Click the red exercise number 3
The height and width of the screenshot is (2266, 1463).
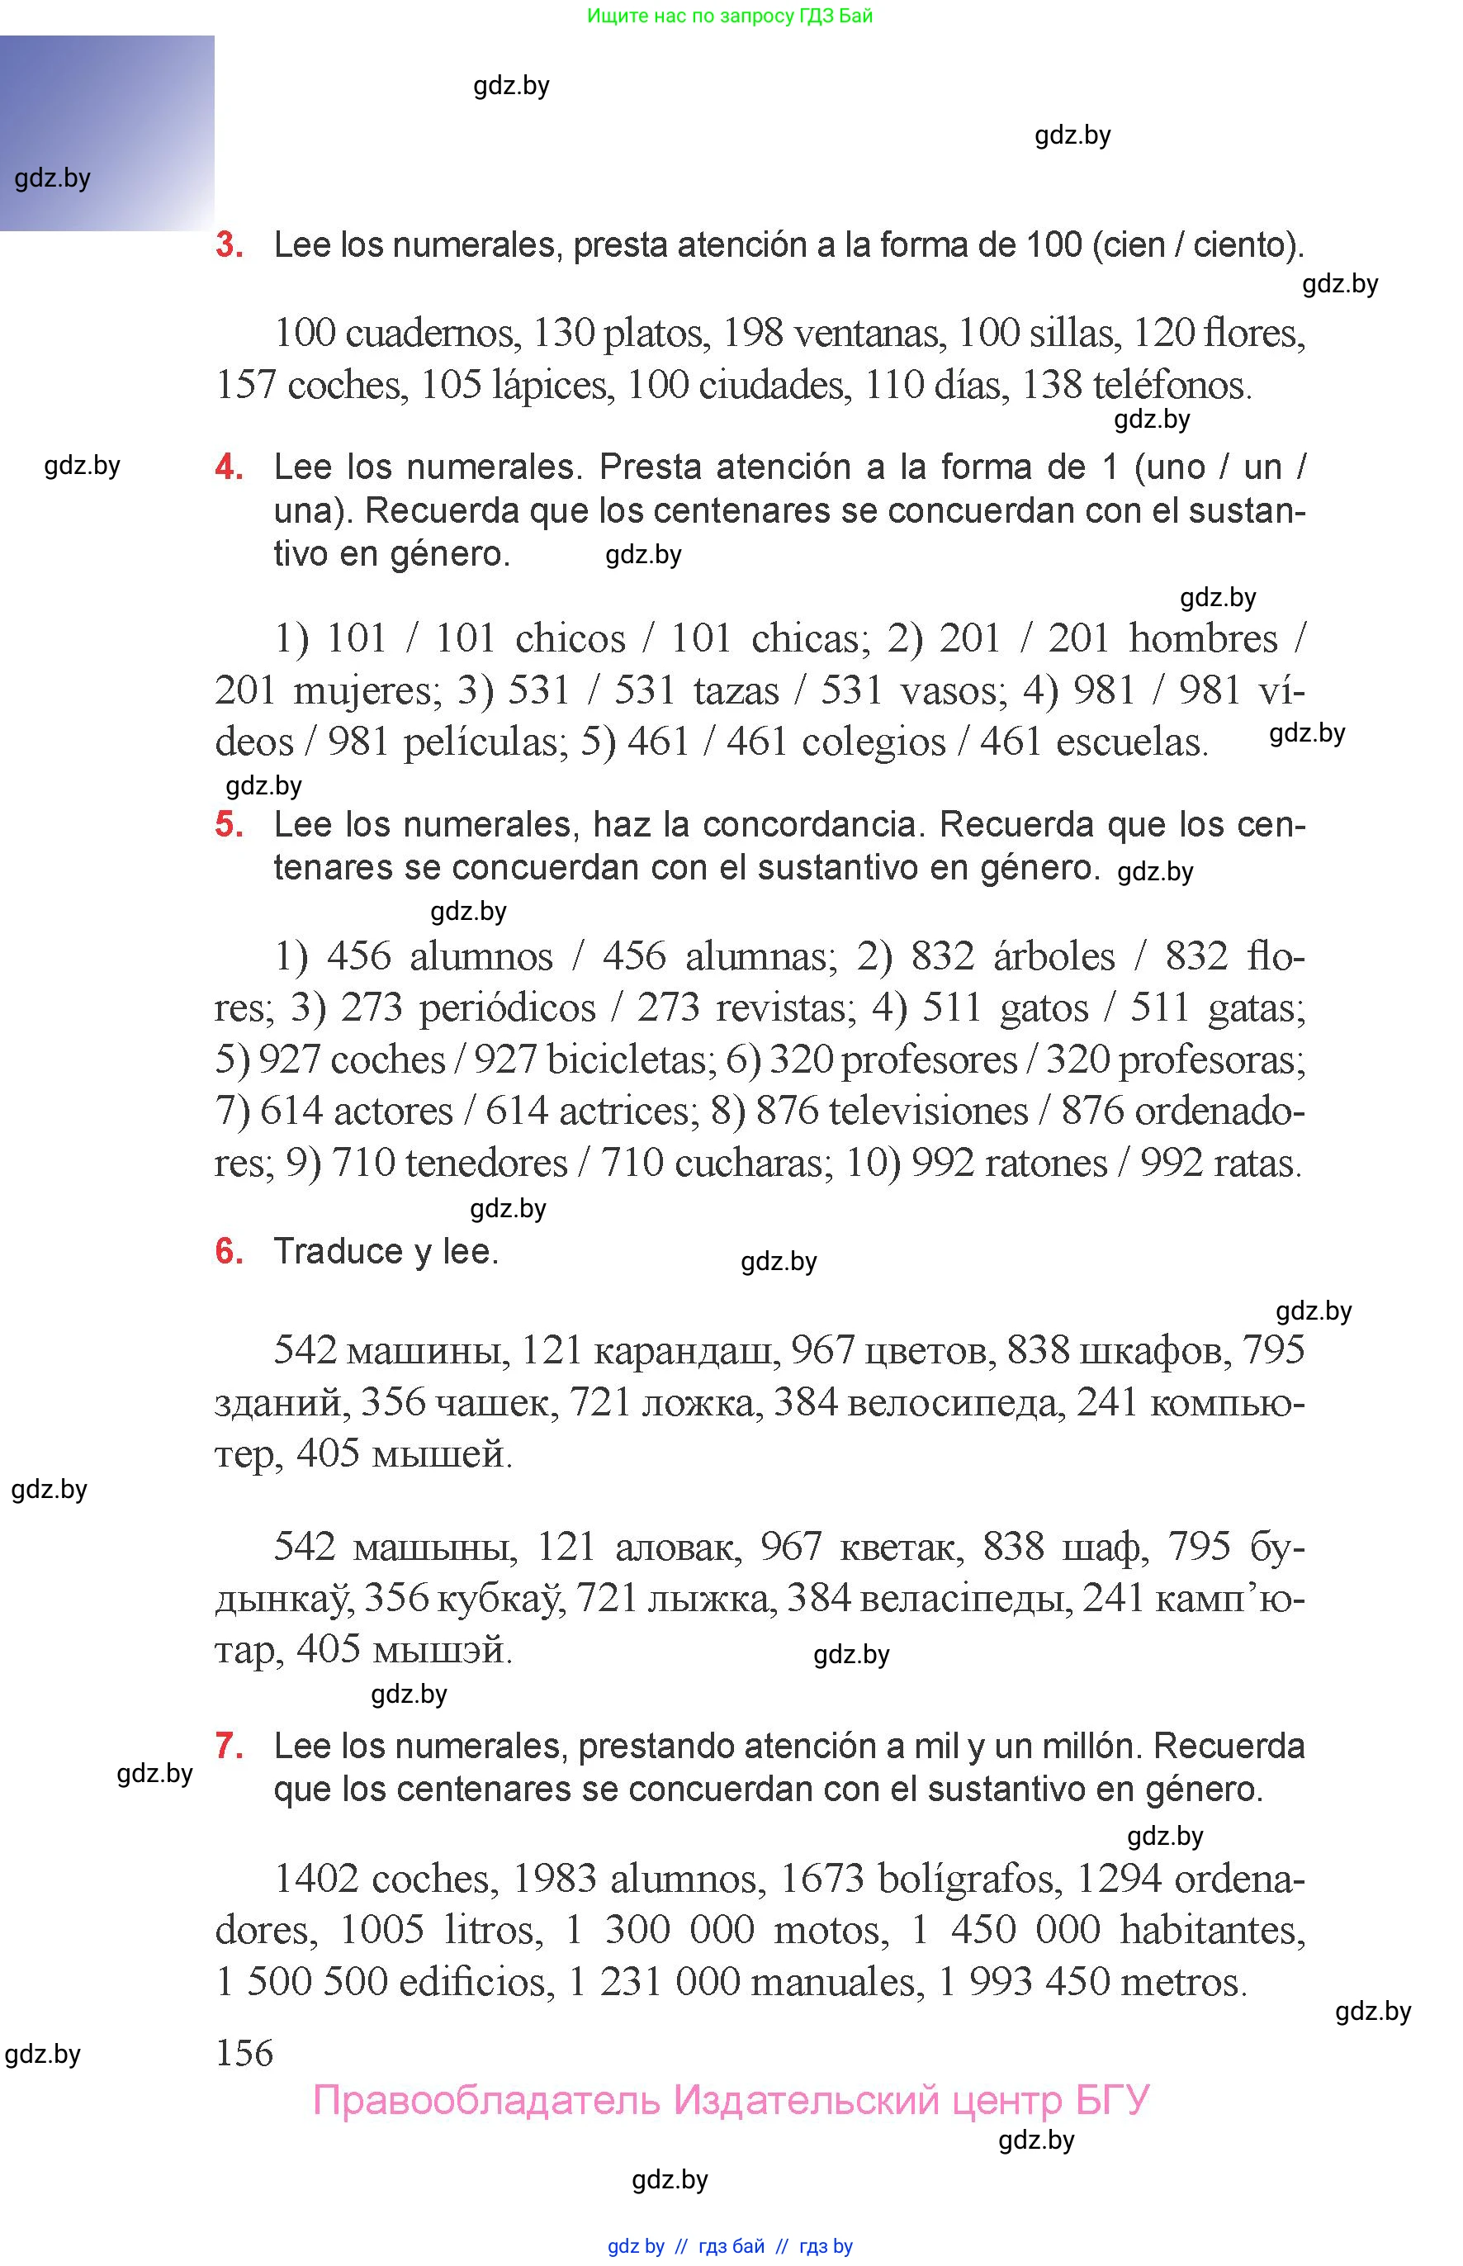coord(229,245)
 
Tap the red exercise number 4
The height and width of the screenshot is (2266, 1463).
coord(229,467)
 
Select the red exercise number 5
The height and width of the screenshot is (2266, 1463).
coord(229,824)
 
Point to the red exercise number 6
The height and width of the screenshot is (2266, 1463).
coord(229,1251)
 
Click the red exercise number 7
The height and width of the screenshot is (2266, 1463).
coord(229,1746)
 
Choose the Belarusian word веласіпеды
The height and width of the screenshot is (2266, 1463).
coord(966,1599)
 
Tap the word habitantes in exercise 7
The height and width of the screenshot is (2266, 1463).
coord(1211,1930)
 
